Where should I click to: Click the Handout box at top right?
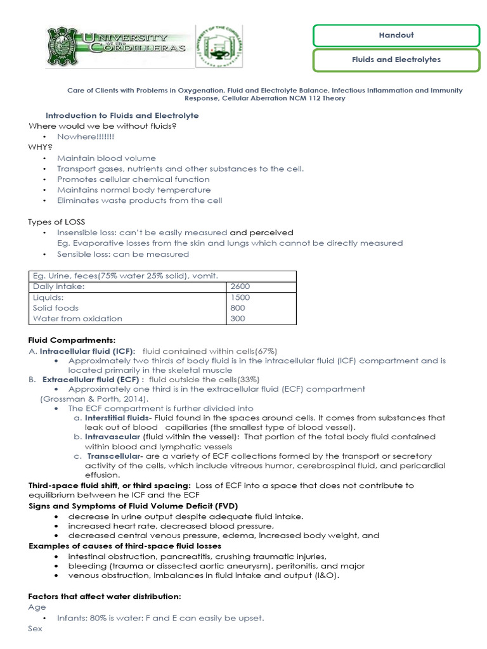[396, 35]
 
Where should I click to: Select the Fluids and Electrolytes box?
[396, 60]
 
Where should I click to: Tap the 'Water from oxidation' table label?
[77, 319]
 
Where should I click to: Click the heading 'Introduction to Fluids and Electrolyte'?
[122, 115]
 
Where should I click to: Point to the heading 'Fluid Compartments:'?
[72, 340]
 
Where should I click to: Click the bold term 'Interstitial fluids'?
[117, 418]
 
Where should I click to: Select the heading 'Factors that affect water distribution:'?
[105, 596]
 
